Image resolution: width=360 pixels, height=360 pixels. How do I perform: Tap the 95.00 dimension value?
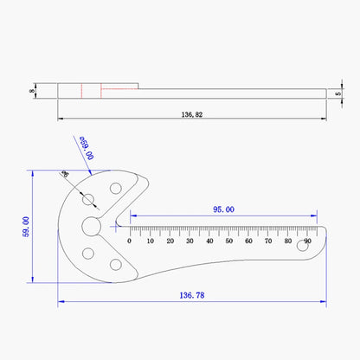pos(222,209)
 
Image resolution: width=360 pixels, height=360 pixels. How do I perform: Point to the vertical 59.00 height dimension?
pos(26,227)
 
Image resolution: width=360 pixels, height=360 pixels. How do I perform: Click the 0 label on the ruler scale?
pos(130,241)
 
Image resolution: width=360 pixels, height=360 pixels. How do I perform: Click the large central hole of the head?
pos(92,226)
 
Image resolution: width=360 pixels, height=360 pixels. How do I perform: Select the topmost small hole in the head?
pos(115,187)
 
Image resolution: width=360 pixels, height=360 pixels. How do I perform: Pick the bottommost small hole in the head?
pos(115,265)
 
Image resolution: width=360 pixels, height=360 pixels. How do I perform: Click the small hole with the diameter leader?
pos(88,199)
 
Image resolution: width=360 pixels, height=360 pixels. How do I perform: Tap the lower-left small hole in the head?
pos(88,253)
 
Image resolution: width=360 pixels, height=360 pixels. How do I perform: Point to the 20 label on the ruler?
pos(170,241)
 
